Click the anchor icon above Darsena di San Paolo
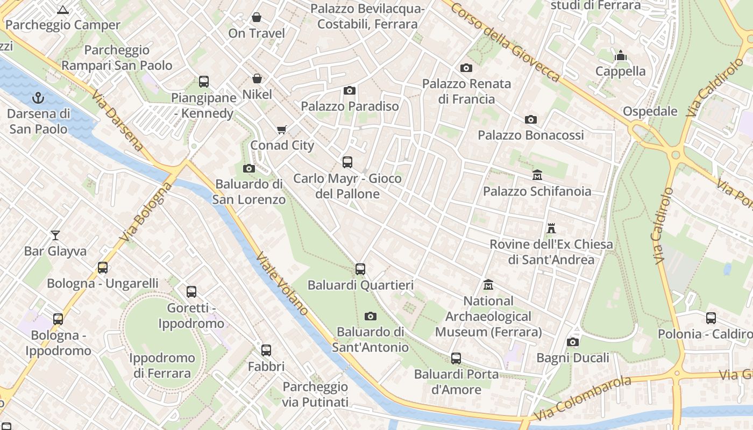point(38,98)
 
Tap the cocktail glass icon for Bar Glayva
point(55,235)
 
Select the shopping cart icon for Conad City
point(281,130)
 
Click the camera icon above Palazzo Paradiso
point(350,90)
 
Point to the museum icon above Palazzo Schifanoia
point(537,175)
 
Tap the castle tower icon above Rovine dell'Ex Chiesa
point(551,228)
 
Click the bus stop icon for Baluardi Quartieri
point(360,269)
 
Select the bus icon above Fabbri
point(266,350)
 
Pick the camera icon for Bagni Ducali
point(573,342)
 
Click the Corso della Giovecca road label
point(506,41)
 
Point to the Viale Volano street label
point(282,283)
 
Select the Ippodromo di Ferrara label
point(162,365)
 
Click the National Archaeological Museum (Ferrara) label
point(488,317)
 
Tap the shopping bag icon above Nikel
point(257,78)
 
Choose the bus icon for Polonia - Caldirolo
point(711,318)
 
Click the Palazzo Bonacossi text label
point(531,135)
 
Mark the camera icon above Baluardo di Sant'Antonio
point(370,316)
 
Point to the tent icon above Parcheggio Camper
point(63,10)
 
